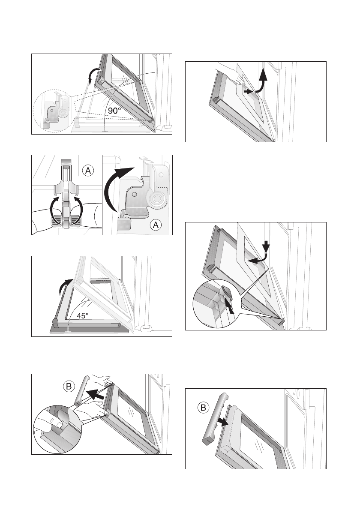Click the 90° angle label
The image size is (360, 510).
114,111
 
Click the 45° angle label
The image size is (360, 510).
83,315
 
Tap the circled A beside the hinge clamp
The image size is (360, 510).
88,171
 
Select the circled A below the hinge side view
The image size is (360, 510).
156,225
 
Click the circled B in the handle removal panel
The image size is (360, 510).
69,387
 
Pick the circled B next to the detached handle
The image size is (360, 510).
203,408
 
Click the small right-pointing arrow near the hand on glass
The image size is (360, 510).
248,92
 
